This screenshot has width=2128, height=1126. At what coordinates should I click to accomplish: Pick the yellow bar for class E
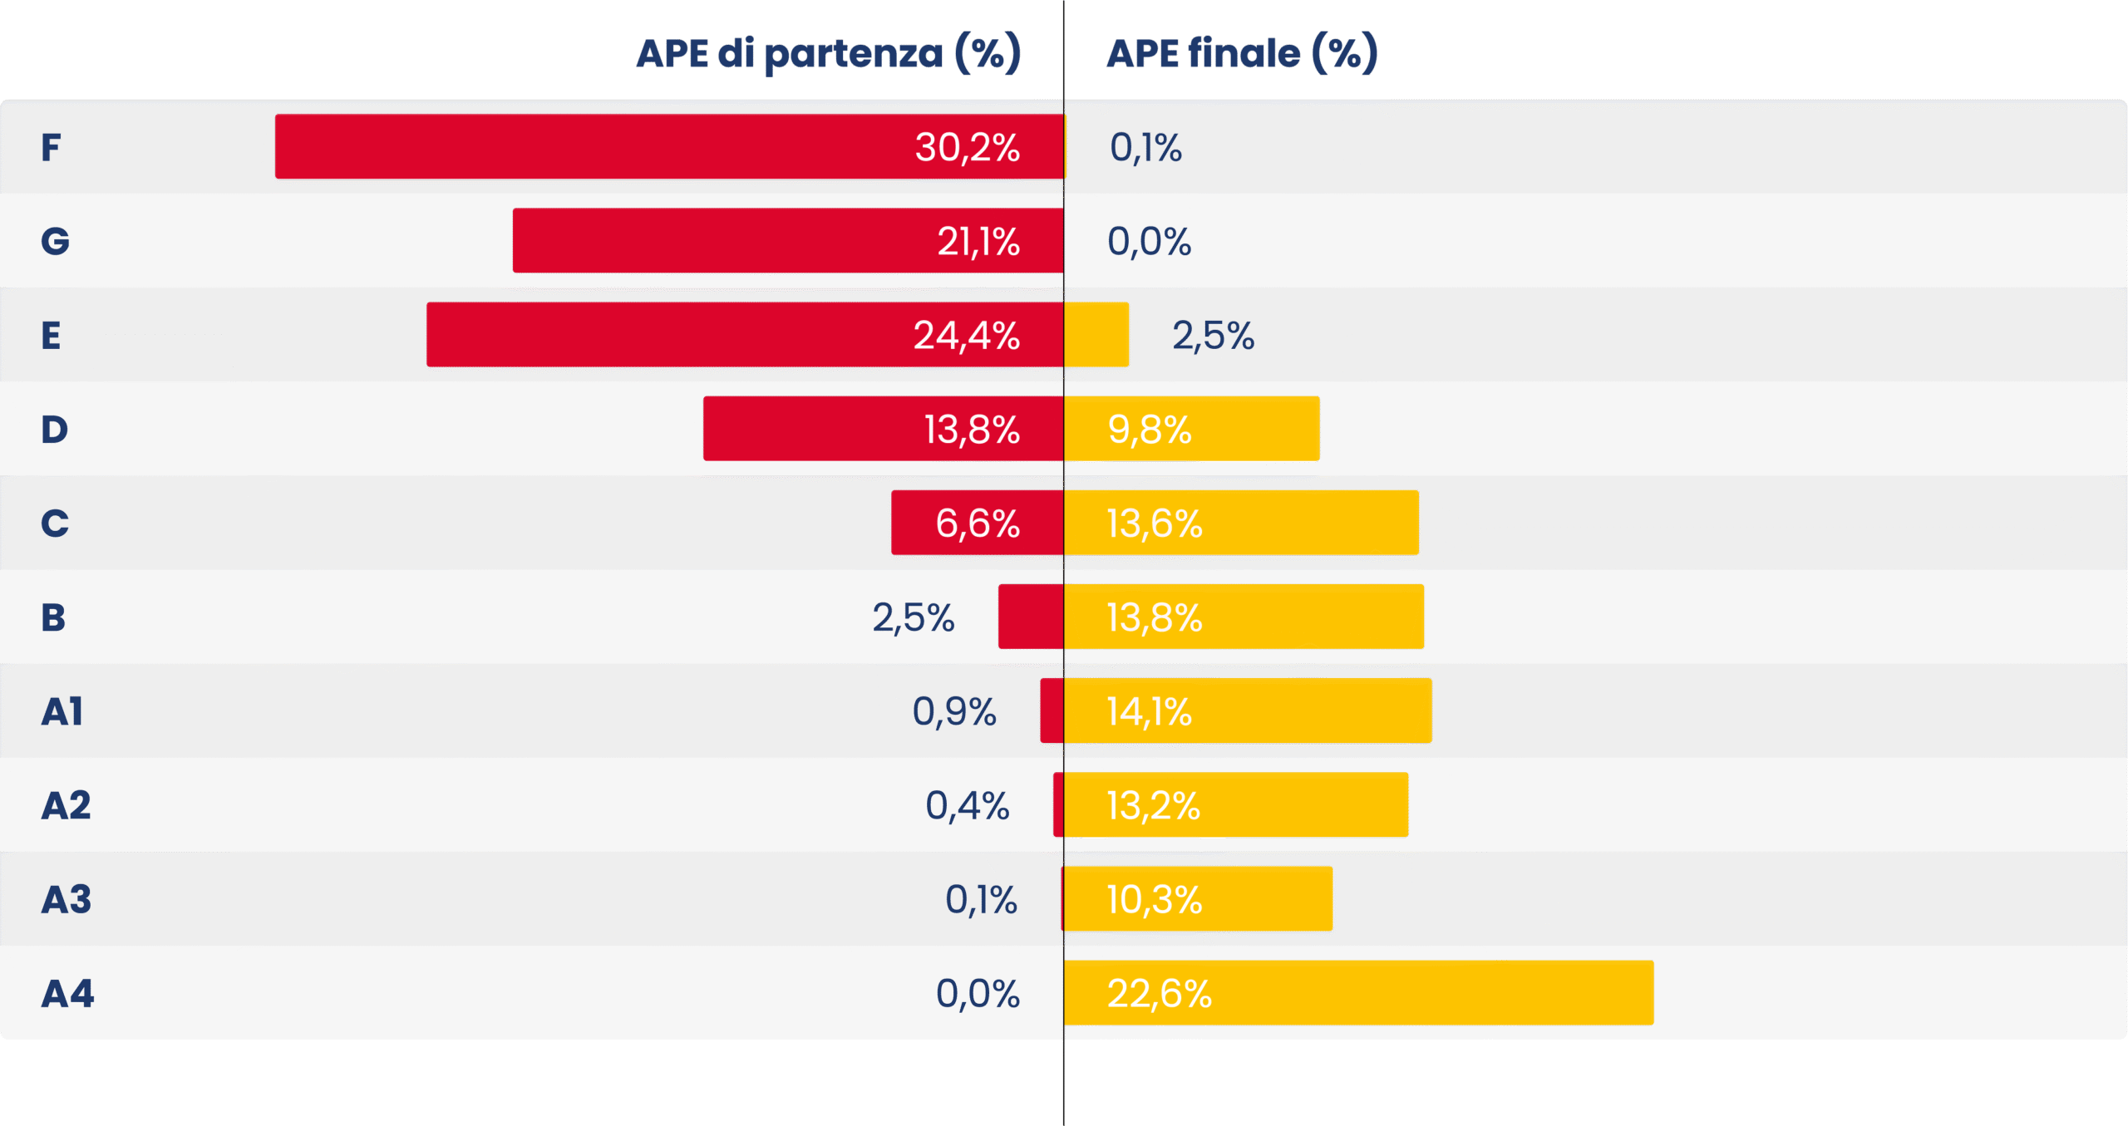coord(1096,335)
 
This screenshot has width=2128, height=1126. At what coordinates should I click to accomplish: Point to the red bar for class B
coord(1031,617)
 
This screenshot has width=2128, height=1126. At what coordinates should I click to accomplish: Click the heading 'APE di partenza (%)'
coord(828,54)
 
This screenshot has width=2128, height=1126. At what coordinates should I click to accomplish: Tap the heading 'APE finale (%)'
coord(1242,54)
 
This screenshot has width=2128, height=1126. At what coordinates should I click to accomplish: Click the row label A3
coord(66,899)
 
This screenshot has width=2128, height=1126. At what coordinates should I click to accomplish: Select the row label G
coord(56,241)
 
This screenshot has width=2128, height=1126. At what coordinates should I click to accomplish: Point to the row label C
coord(55,524)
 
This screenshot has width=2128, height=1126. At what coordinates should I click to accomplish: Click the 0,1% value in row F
coord(1145,148)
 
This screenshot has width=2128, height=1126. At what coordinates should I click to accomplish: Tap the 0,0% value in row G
coord(1149,242)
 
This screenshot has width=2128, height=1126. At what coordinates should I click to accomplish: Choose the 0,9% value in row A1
coord(954,711)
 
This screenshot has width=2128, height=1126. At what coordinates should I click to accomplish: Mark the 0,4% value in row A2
coord(968,805)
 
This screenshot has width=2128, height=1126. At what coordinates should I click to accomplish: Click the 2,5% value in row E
coord(1213,336)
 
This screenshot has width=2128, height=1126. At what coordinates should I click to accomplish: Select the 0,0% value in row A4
coord(978,993)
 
